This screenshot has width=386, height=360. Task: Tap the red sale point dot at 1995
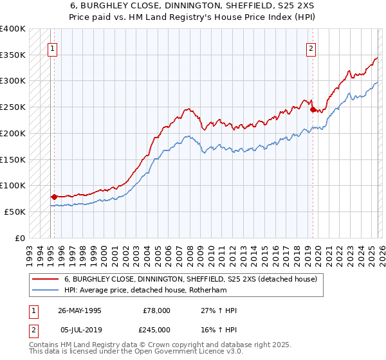point(54,197)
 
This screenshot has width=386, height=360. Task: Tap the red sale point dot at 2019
point(313,109)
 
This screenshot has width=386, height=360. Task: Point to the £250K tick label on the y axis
point(12,107)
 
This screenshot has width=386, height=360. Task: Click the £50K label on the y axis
point(14,212)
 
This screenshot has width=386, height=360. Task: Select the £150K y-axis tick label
point(12,159)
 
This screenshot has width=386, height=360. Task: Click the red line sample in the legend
point(45,280)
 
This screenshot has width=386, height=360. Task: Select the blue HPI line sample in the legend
point(45,291)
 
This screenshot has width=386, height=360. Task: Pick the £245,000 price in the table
point(156,329)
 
